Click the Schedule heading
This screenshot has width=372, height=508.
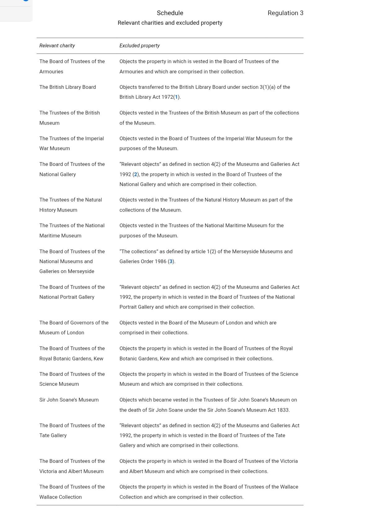tap(170, 13)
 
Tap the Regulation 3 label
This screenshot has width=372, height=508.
tap(285, 13)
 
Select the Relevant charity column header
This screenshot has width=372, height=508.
tap(57, 46)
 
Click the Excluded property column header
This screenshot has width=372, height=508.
tap(139, 46)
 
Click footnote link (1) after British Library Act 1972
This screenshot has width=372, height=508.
tap(176, 97)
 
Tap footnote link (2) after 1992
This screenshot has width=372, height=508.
tap(135, 174)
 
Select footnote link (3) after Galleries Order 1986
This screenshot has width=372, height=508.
tap(171, 261)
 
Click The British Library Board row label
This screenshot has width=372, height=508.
tap(68, 87)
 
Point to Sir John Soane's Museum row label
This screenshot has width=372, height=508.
tap(69, 400)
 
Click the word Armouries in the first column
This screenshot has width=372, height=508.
tap(51, 72)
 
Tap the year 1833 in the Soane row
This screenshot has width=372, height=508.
tap(283, 410)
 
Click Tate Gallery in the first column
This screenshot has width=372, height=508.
tap(53, 435)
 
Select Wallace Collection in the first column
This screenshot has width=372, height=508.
tap(60, 497)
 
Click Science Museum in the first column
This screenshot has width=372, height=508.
tap(59, 384)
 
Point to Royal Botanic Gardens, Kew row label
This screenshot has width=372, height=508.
tap(71, 358)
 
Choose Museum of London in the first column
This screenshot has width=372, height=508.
tap(62, 332)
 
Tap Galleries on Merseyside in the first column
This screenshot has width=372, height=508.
tap(67, 271)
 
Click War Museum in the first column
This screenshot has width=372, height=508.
tap(55, 148)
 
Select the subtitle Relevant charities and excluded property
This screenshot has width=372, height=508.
tap(170, 23)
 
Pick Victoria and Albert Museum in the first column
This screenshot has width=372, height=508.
tap(71, 471)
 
